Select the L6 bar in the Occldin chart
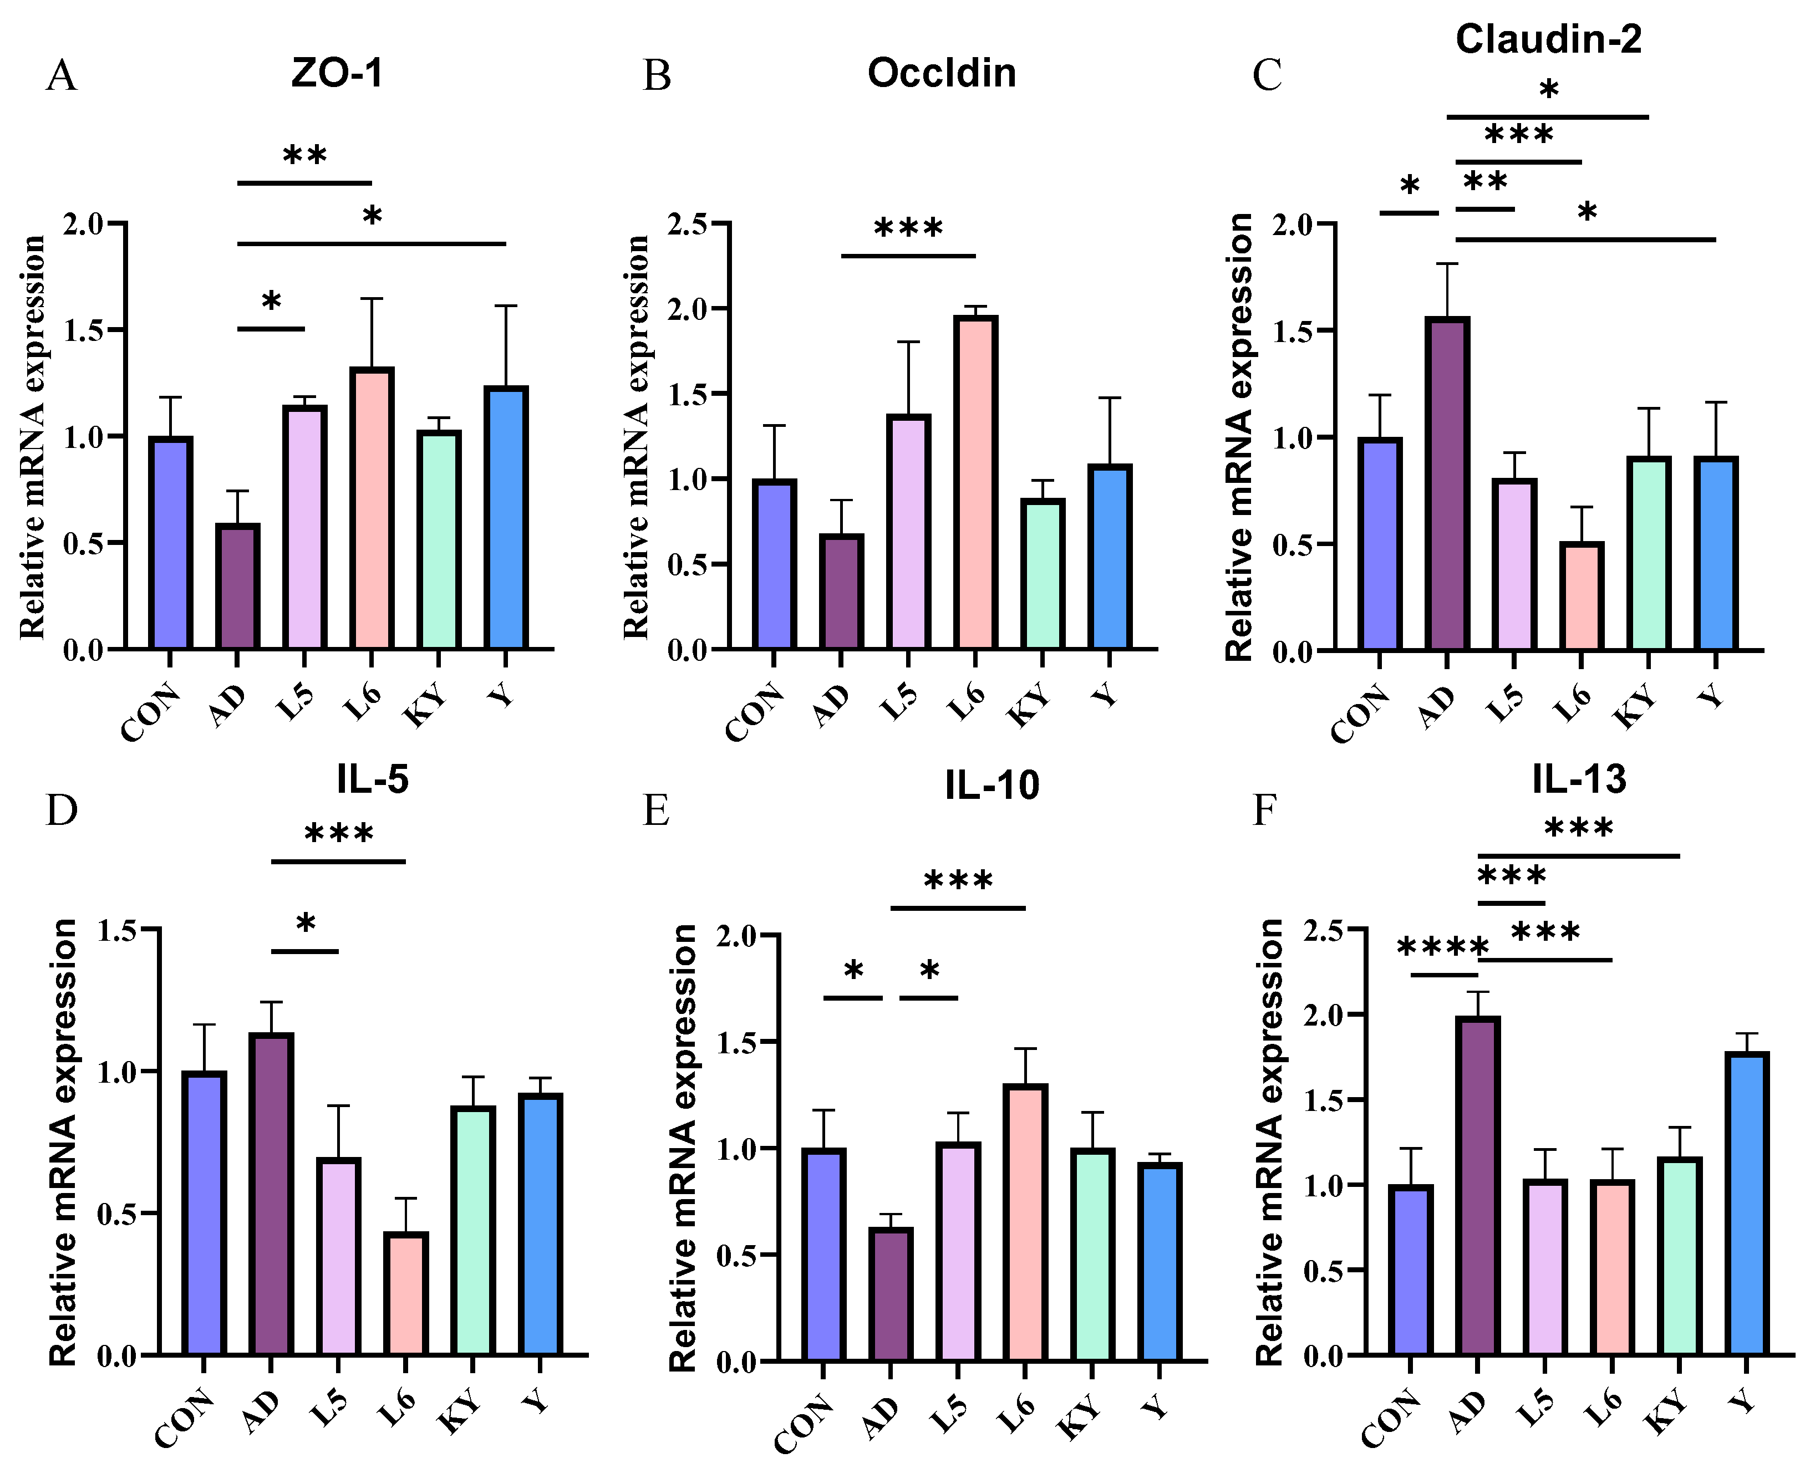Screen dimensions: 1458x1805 coord(975,482)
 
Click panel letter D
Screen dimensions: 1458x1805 coord(62,810)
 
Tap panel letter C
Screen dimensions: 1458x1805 coord(1267,75)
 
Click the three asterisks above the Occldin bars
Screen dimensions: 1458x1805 coord(908,228)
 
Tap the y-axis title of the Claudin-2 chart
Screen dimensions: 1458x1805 coord(1240,437)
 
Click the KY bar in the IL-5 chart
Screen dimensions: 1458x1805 coord(473,1230)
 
